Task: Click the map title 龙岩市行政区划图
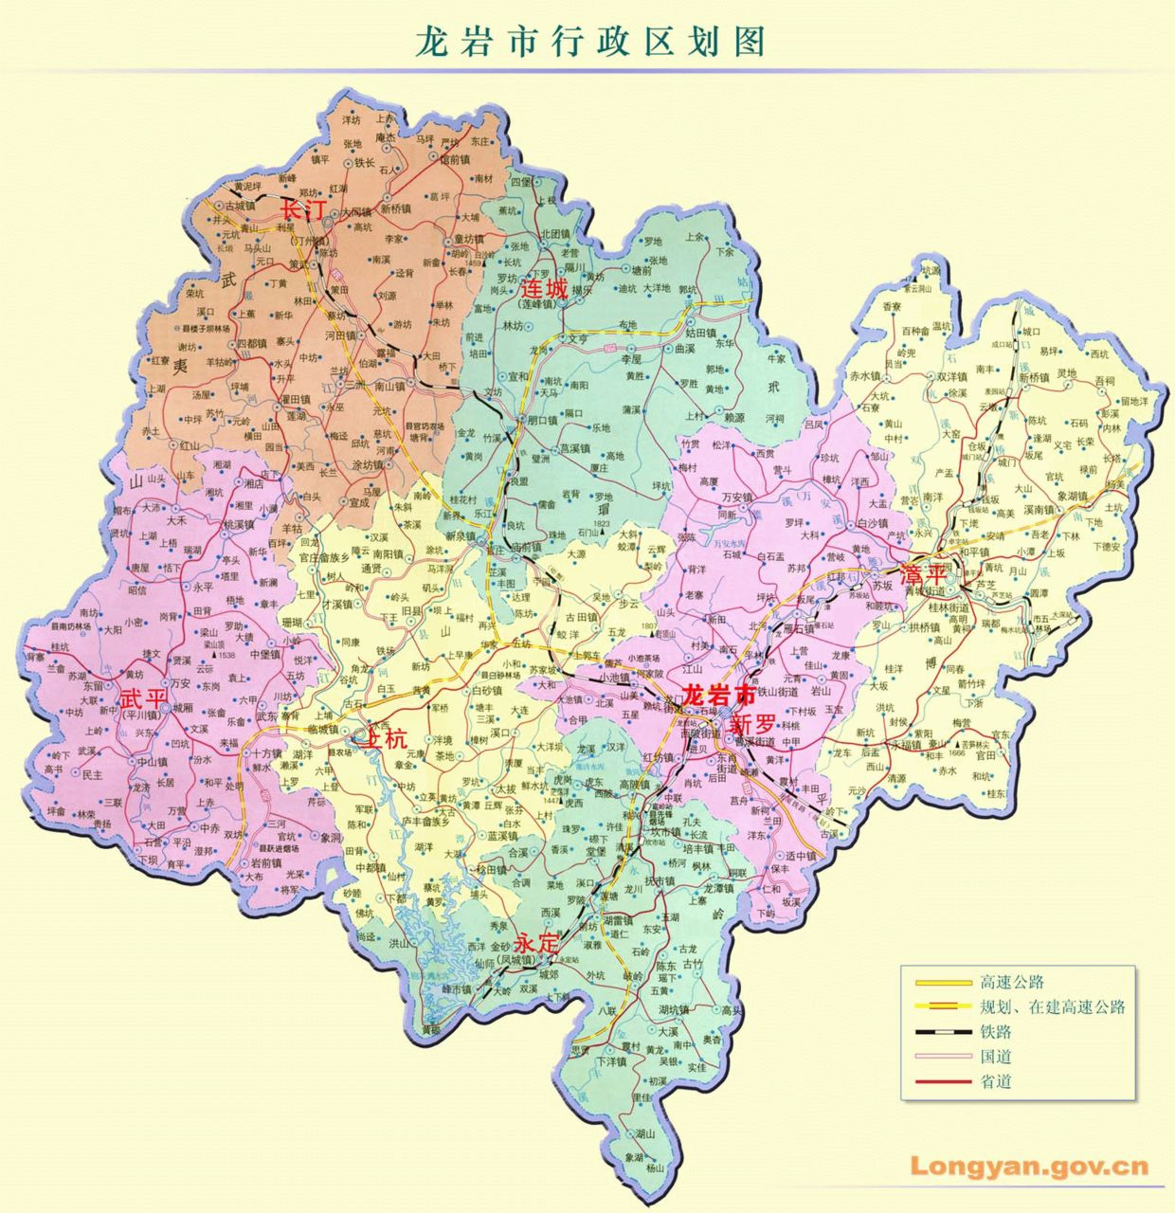[x=589, y=41]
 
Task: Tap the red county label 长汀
[x=302, y=209]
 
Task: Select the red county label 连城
[x=545, y=288]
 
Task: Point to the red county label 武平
[x=143, y=699]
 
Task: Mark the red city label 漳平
[x=924, y=575]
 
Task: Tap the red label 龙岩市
[x=720, y=695]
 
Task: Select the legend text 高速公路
[x=1012, y=983]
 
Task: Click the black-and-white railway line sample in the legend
[x=944, y=1032]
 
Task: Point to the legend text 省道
[x=996, y=1081]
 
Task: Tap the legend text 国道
[x=996, y=1057]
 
